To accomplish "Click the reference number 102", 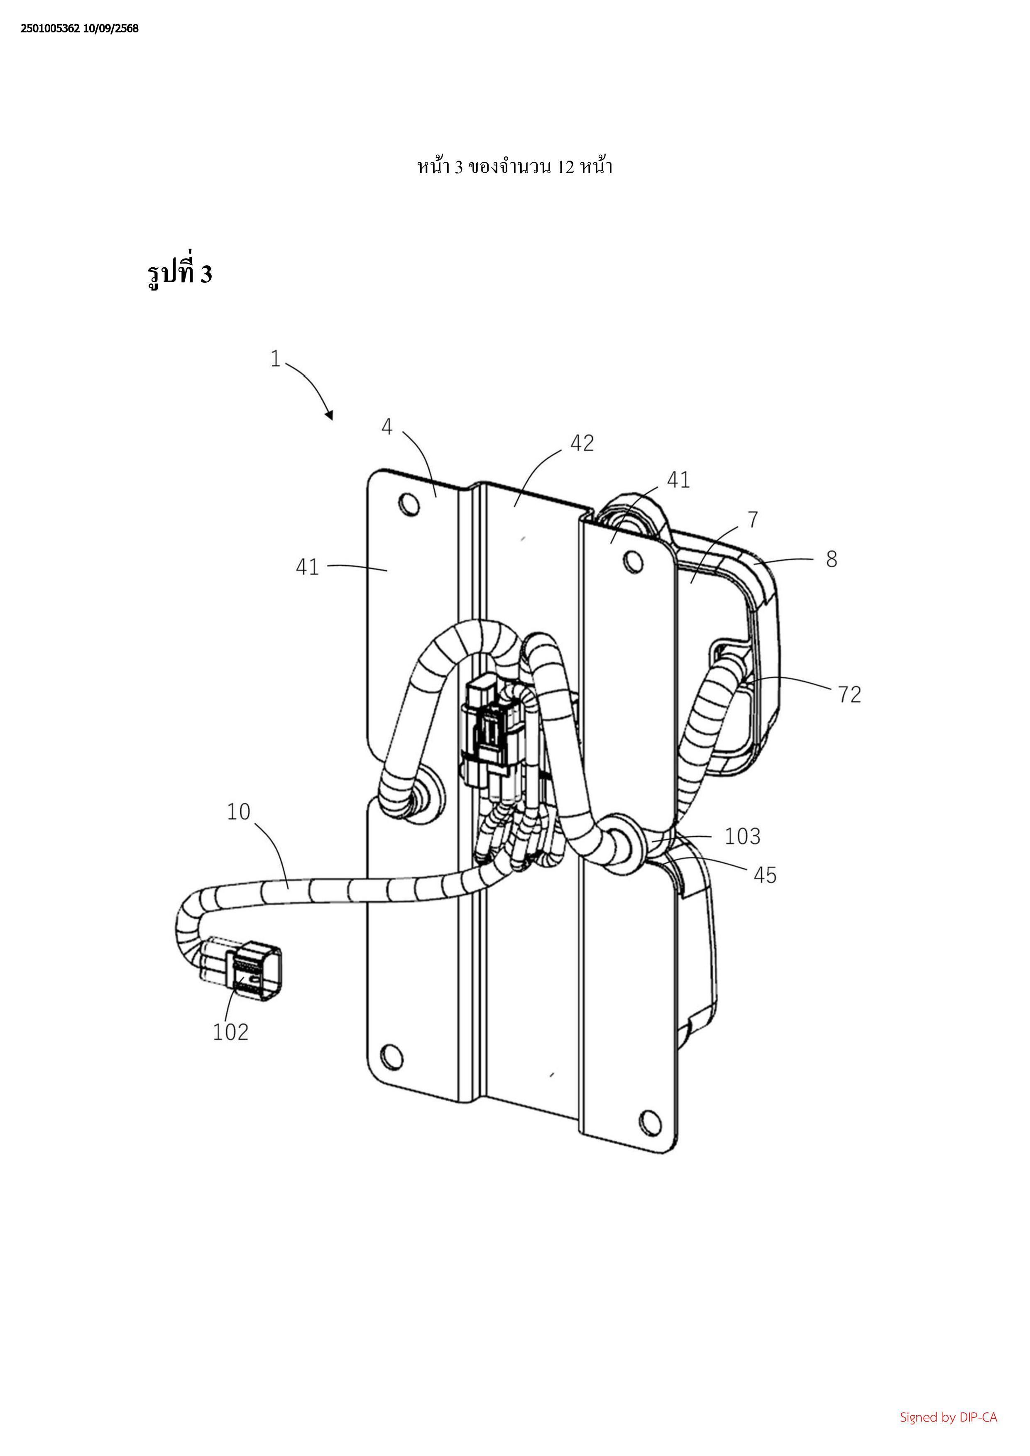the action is coord(230,1032).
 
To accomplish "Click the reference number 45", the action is coord(765,875).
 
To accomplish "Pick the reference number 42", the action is coord(582,442).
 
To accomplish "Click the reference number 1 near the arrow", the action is coord(275,359).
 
